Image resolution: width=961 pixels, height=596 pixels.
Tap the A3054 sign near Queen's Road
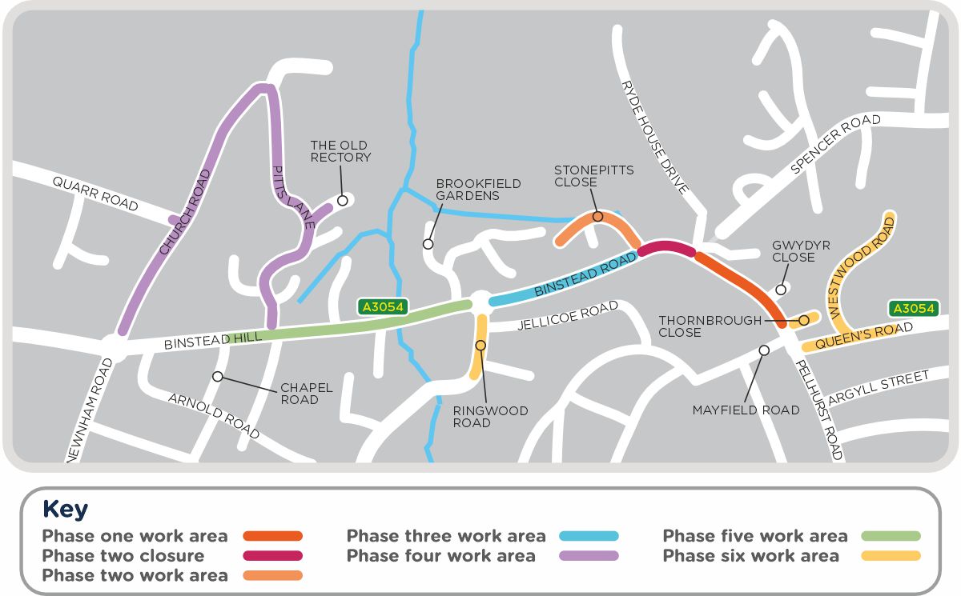[x=912, y=309]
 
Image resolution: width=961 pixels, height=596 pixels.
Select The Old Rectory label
[x=340, y=151]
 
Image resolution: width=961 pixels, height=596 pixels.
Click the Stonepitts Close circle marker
[x=597, y=216]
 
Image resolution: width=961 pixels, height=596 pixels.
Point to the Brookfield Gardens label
[x=478, y=190]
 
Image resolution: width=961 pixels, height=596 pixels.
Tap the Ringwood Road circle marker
[x=480, y=346]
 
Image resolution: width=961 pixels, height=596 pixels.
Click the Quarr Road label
[x=95, y=194]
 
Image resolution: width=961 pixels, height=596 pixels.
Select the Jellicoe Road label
[x=568, y=316]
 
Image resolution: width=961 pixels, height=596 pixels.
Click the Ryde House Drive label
[x=654, y=137]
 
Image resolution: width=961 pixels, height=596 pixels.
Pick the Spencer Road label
[x=834, y=145]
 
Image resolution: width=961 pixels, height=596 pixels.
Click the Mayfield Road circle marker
[x=764, y=350]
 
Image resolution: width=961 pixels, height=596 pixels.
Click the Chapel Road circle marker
[x=217, y=376]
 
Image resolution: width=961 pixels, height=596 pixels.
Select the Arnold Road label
[x=213, y=416]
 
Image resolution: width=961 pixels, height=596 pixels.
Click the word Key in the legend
[x=65, y=510]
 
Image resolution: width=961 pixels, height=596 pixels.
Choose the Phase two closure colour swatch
[x=273, y=556]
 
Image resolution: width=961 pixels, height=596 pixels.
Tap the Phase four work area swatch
[x=589, y=556]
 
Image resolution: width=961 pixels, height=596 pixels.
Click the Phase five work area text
[x=754, y=536]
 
